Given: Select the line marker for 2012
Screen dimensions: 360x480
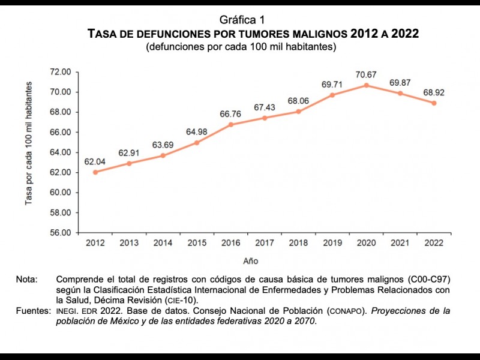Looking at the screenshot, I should pos(95,172).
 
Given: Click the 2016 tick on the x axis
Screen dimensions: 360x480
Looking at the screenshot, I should pos(232,242).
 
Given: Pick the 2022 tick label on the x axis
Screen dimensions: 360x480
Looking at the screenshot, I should pos(434,242).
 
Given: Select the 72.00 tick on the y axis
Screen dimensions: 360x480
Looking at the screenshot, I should pos(60,72).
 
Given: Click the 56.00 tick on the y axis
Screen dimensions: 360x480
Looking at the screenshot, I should pos(60,233).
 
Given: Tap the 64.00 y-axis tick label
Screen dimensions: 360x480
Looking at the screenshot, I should pos(60,152).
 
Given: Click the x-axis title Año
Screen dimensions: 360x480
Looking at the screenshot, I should pos(251,261).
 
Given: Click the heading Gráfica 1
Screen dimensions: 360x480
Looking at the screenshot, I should pos(240,20).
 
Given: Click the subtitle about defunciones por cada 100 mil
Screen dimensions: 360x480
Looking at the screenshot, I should pos(241,46).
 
